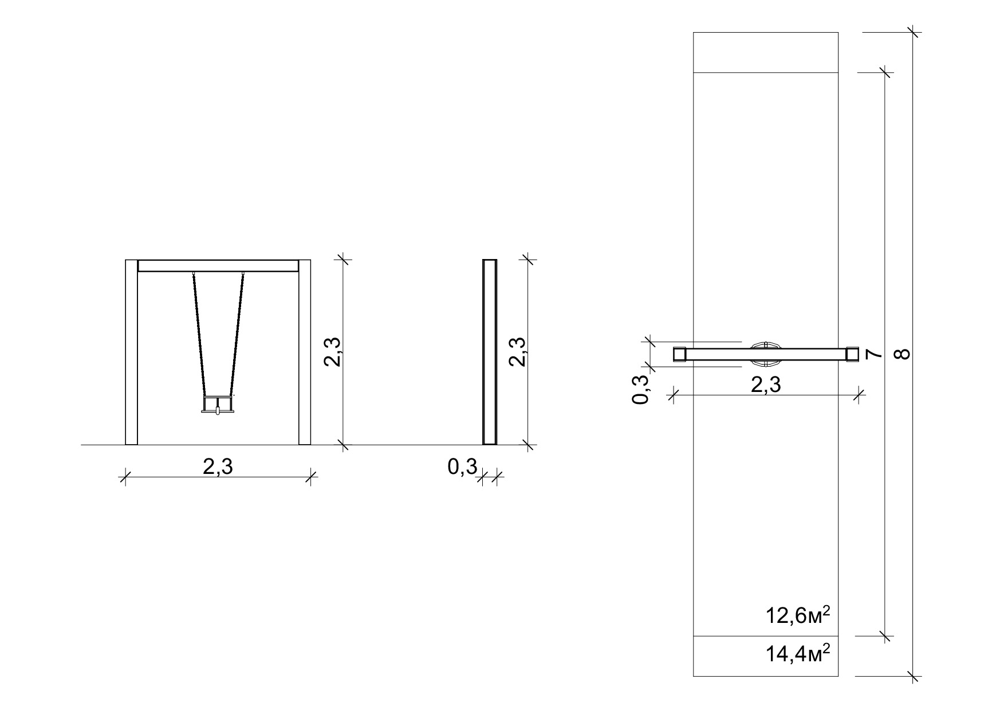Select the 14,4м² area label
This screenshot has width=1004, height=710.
pos(798,653)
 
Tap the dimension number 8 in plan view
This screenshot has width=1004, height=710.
pos(903,354)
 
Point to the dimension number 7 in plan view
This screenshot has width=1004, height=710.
pos(873,354)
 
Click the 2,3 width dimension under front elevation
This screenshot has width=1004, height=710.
pos(218,467)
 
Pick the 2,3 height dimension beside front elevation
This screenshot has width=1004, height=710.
pos(333,351)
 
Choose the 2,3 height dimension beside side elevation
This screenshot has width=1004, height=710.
pos(518,351)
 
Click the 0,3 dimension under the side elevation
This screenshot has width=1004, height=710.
pos(462,467)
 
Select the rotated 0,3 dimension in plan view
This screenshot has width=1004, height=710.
pos(642,389)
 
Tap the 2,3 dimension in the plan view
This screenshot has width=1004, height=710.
pos(765,384)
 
